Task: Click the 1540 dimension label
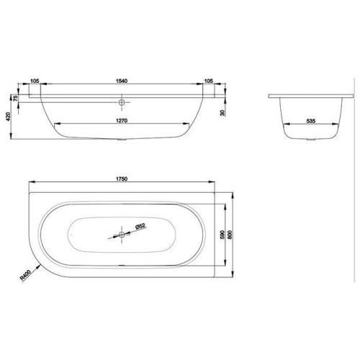click(122, 81)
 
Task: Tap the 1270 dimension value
click(122, 121)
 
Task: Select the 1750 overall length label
click(122, 179)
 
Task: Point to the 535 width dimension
click(311, 121)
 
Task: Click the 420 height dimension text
click(9, 117)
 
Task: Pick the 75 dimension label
click(16, 99)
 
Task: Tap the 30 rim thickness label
click(223, 113)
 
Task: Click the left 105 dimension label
click(35, 81)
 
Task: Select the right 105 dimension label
click(208, 81)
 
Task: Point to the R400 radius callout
click(25, 275)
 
